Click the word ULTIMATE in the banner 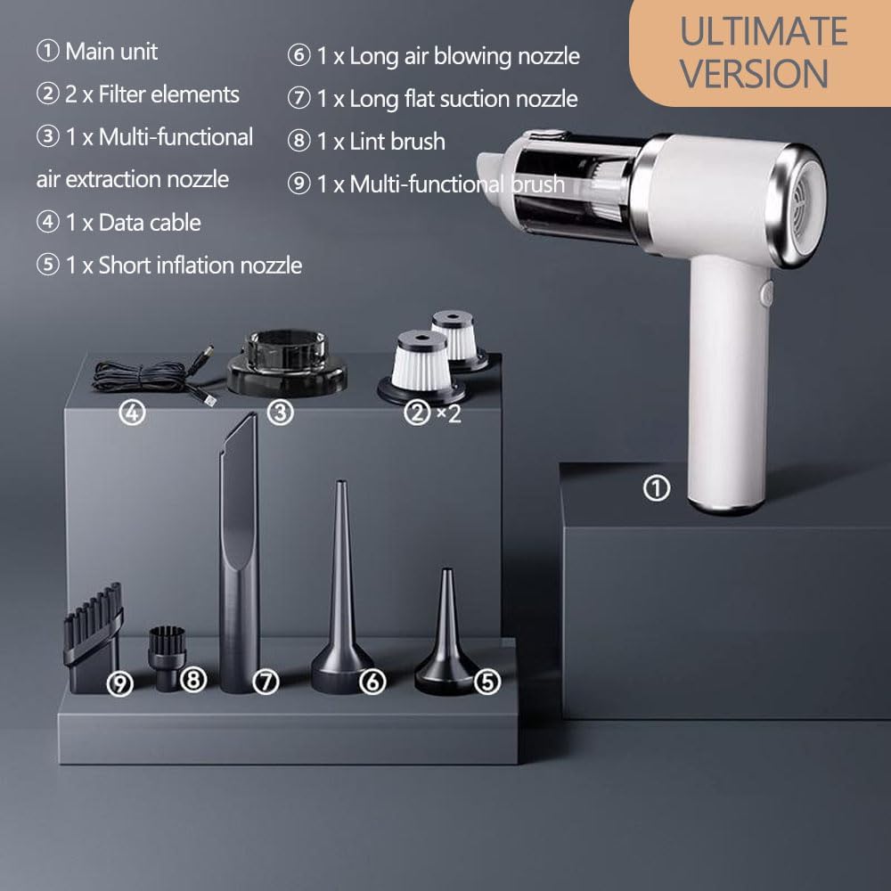(764, 31)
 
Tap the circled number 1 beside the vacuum (657, 488)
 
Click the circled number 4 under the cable (132, 413)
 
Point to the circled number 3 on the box (281, 413)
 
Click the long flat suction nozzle (238, 552)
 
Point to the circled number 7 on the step (266, 682)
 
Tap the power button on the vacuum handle (765, 293)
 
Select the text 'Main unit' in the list (111, 51)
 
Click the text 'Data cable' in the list (150, 222)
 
